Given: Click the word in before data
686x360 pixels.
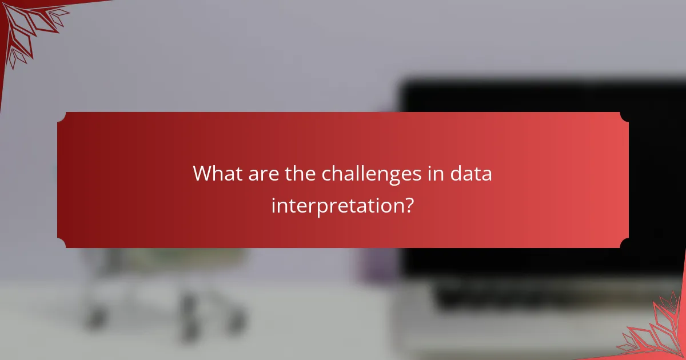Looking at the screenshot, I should (x=442, y=173).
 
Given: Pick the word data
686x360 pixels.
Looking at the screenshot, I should (x=474, y=173).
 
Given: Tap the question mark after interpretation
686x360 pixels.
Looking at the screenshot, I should (x=409, y=204).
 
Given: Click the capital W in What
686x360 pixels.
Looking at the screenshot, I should (x=202, y=173).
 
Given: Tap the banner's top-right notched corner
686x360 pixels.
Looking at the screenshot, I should (x=624, y=117).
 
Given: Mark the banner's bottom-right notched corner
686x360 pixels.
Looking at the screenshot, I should (x=624, y=243).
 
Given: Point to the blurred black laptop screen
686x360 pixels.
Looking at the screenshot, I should (x=543, y=97).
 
